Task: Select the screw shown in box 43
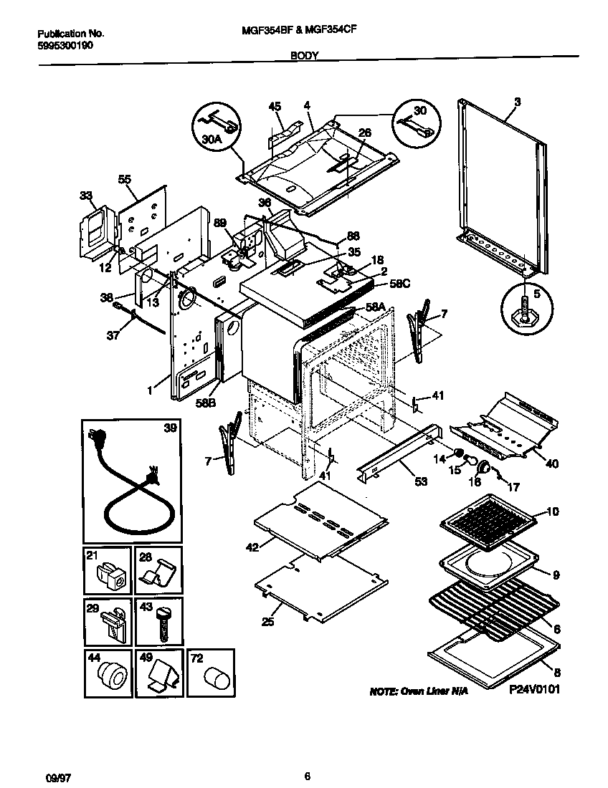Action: [x=162, y=620]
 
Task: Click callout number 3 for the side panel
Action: [x=517, y=102]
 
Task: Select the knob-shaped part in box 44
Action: [x=109, y=676]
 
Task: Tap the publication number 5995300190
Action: [x=65, y=44]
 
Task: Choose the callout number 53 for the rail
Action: [x=420, y=482]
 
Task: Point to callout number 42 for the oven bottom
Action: [x=252, y=547]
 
